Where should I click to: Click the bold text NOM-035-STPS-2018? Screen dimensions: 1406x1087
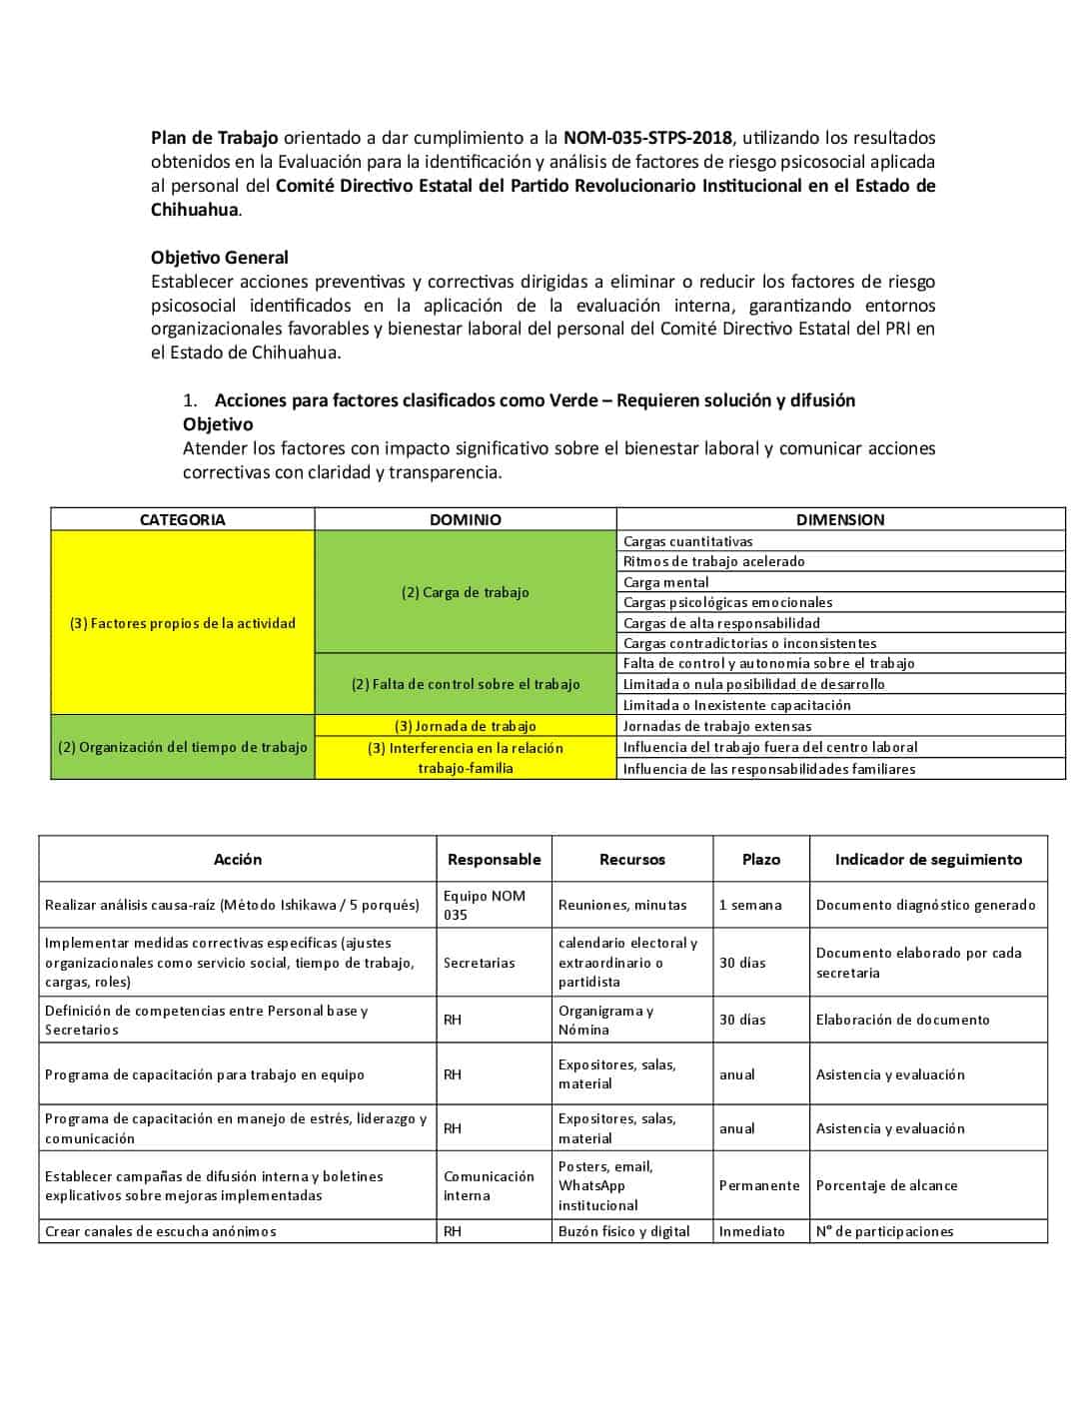[x=647, y=138]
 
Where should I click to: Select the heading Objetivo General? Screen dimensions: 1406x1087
[x=220, y=258]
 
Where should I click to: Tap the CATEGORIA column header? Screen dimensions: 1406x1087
[x=182, y=519]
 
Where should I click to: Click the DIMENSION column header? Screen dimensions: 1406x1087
[x=839, y=519]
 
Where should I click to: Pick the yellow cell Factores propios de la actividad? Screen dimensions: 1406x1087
[x=183, y=623]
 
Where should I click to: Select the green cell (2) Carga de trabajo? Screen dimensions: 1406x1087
[x=465, y=592]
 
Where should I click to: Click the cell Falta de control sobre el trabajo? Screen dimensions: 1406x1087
[x=465, y=684]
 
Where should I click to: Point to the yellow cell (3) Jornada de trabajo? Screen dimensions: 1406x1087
[x=465, y=726]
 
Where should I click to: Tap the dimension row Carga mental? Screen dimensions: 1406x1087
[x=666, y=582]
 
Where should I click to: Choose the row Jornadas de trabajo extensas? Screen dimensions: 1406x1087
[x=717, y=726]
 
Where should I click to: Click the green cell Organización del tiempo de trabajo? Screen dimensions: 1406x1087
[x=183, y=747]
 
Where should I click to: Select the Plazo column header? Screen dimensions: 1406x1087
[x=760, y=859]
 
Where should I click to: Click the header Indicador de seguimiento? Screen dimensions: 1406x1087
[x=928, y=859]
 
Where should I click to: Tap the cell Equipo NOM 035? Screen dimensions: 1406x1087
[x=485, y=905]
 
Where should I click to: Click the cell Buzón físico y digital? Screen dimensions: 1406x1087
[x=624, y=1231]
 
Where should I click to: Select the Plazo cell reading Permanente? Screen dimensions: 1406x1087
[x=759, y=1185]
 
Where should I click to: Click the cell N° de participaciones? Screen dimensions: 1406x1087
[x=884, y=1231]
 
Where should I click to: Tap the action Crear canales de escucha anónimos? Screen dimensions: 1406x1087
[x=161, y=1231]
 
